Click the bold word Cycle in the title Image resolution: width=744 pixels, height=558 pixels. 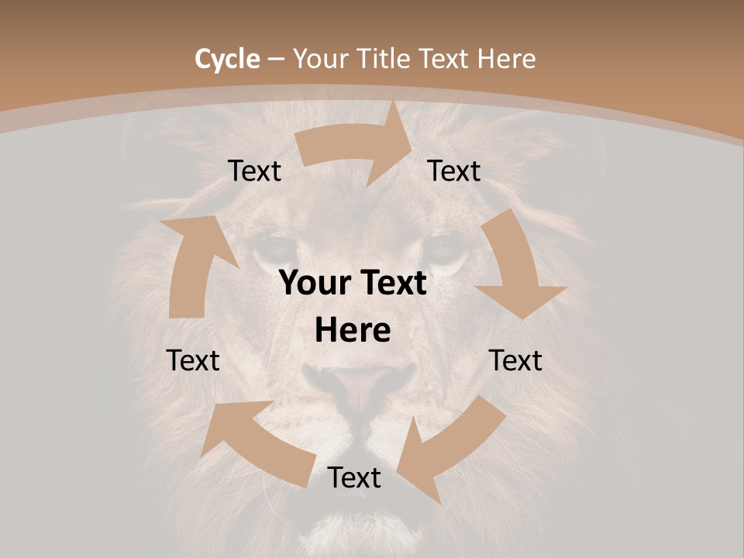click(x=227, y=59)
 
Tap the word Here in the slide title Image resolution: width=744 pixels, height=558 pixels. click(x=507, y=59)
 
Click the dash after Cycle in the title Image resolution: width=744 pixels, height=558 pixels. click(x=276, y=59)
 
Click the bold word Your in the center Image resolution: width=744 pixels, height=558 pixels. click(x=315, y=283)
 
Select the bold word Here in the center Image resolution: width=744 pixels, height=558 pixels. click(x=353, y=331)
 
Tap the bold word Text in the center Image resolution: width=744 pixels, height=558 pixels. click(x=390, y=283)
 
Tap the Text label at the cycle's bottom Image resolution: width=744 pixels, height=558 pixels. click(x=354, y=478)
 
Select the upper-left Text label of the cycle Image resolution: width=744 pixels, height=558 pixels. click(x=255, y=171)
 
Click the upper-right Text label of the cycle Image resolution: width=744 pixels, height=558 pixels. click(x=454, y=170)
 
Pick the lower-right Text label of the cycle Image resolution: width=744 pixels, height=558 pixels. click(x=515, y=360)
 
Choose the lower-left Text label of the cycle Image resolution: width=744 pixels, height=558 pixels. click(x=193, y=360)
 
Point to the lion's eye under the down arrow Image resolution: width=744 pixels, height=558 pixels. click(x=446, y=250)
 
